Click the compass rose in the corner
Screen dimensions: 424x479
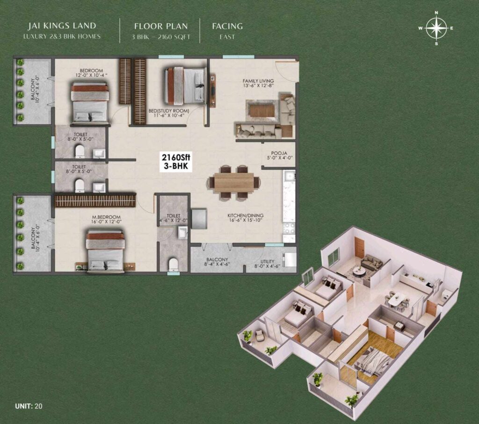[x=436, y=28]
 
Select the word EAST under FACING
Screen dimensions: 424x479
[x=227, y=37]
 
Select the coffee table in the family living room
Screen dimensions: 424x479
[x=262, y=110]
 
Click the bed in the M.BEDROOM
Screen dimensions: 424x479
[x=105, y=251]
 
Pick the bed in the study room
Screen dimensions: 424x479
[x=185, y=86]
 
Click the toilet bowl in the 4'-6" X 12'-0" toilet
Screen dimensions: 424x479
[x=174, y=264]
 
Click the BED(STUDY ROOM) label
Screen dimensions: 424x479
[x=167, y=112]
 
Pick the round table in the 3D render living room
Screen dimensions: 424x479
[x=359, y=271]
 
